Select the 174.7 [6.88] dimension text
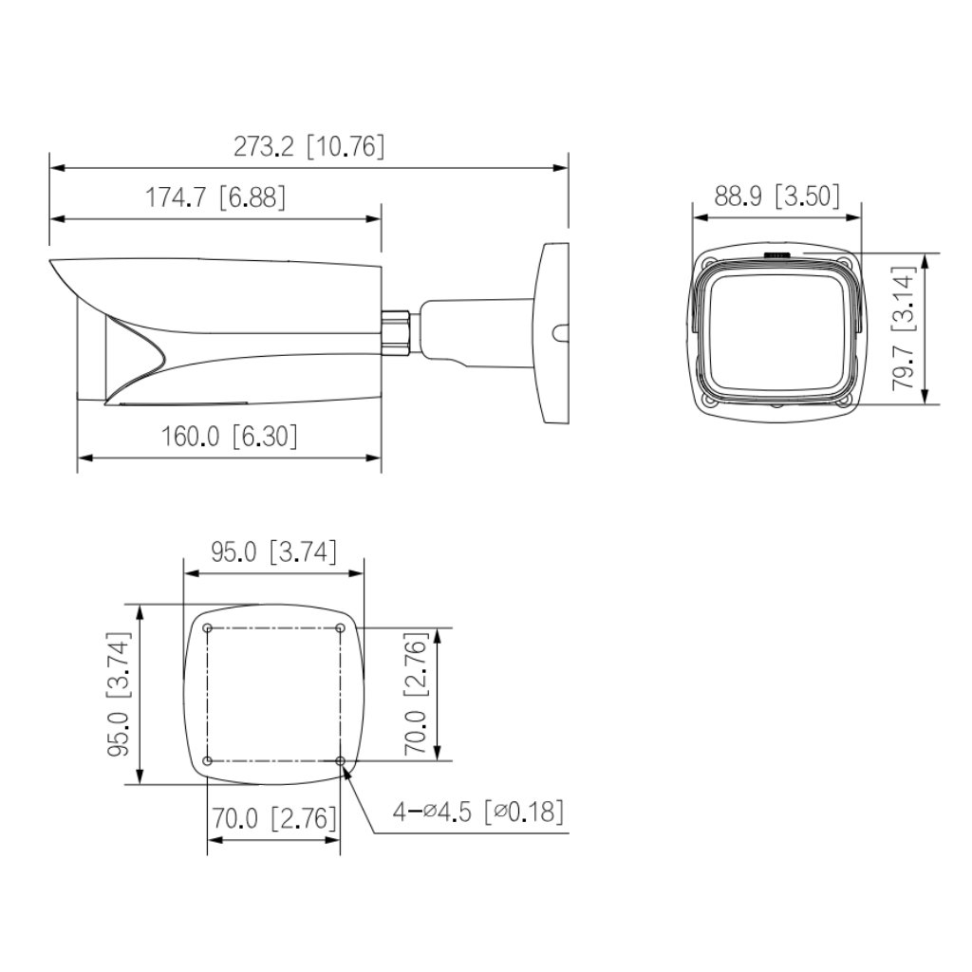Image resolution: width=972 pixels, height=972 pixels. click(215, 198)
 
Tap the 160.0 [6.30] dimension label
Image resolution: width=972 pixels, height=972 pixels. click(228, 436)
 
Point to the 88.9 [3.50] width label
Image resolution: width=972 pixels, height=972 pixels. click(777, 196)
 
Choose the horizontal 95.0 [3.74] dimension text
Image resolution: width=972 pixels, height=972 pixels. click(273, 552)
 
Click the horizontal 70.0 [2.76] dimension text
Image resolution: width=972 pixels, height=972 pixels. click(273, 817)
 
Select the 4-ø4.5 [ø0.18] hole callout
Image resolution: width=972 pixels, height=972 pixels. click(479, 812)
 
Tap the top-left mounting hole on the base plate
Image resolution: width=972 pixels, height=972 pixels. click(207, 628)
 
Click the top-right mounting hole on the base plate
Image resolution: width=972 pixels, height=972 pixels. click(341, 628)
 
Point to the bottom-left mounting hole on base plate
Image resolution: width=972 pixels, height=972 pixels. click(207, 760)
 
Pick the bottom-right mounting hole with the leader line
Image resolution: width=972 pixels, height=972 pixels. click(341, 760)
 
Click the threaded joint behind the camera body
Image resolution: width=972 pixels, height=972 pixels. click(396, 329)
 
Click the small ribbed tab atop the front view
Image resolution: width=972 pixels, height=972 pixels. click(777, 255)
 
